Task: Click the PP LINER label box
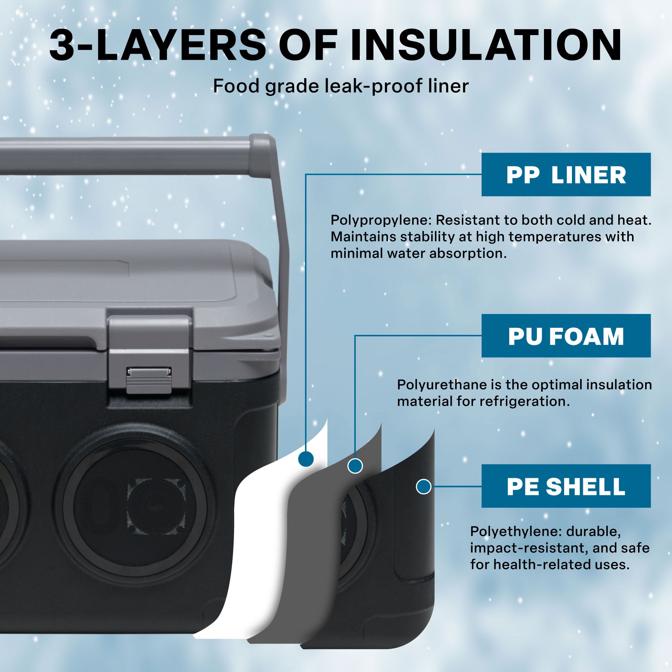click(566, 174)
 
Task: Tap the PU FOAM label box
click(566, 336)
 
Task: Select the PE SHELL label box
click(566, 486)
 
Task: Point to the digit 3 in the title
click(62, 46)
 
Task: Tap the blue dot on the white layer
click(306, 458)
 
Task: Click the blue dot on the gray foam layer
click(355, 466)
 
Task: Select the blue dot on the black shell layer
click(423, 486)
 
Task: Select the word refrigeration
click(524, 401)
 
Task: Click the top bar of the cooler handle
click(127, 156)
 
